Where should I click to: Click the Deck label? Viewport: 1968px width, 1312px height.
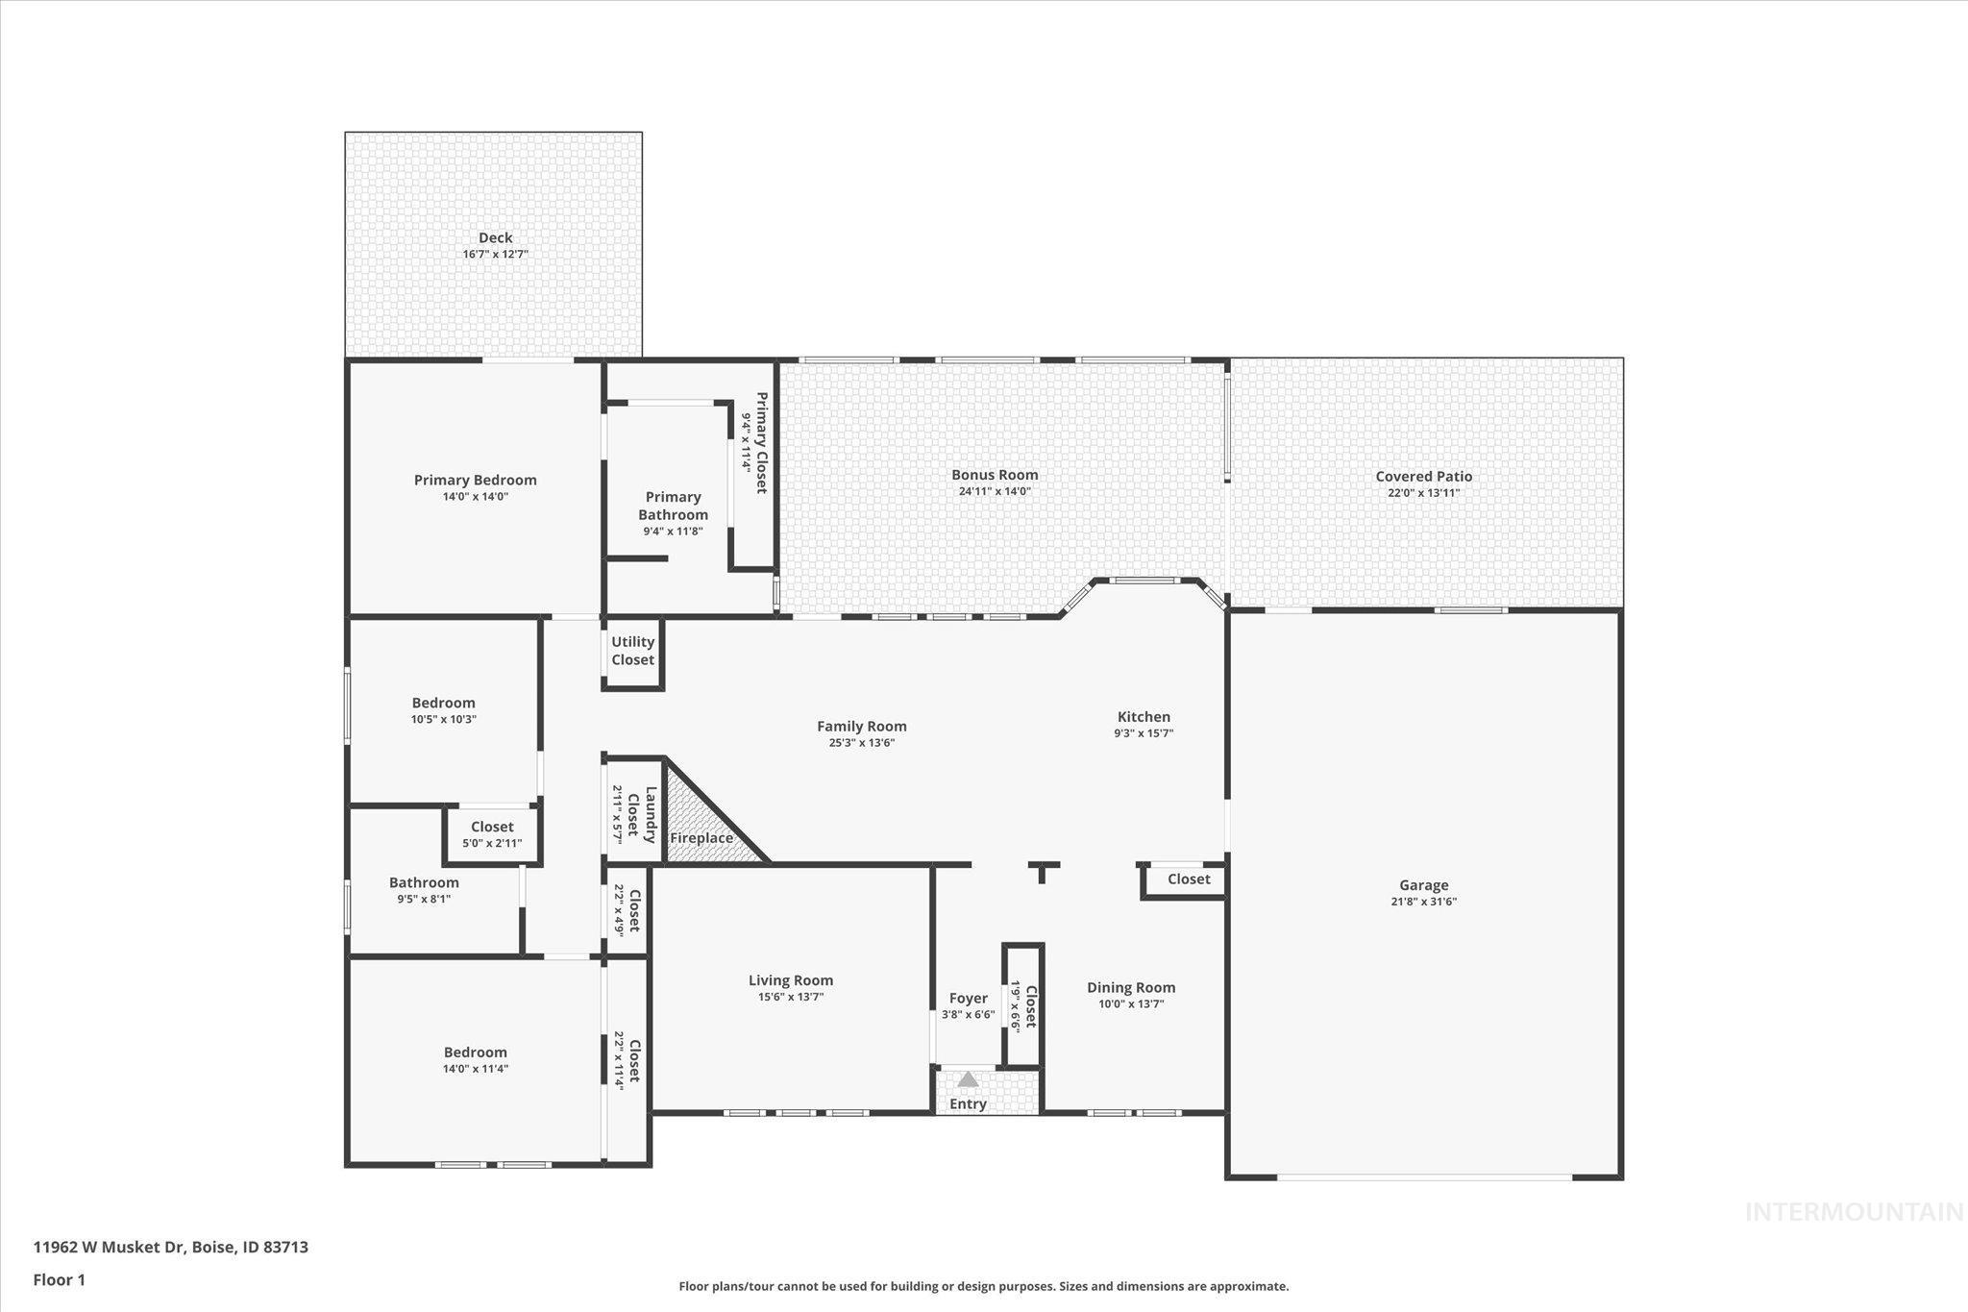[495, 237]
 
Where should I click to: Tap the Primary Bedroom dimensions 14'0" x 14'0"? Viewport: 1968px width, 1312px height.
[475, 497]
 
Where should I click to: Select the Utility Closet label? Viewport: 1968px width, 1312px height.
[632, 651]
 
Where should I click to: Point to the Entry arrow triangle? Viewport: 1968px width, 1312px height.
[968, 1079]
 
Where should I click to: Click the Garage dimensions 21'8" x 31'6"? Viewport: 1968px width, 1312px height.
[1423, 902]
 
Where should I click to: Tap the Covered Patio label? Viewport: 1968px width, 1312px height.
[1423, 476]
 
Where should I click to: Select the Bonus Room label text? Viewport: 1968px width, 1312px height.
[995, 474]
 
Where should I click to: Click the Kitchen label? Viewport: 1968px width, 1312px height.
[1144, 716]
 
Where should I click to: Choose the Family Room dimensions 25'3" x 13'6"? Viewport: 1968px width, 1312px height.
[861, 743]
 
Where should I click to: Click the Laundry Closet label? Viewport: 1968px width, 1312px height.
[642, 815]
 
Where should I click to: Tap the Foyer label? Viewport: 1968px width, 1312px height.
[968, 998]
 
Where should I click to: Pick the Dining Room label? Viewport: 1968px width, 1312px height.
[1131, 987]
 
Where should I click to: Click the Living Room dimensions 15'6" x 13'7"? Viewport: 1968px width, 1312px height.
[790, 997]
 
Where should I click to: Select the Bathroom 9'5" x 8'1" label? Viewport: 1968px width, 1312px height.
[424, 882]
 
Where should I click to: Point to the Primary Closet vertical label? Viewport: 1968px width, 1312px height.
[761, 443]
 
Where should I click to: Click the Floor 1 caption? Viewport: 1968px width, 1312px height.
[60, 1279]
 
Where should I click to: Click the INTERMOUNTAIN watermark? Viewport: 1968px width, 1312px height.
[1854, 1212]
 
